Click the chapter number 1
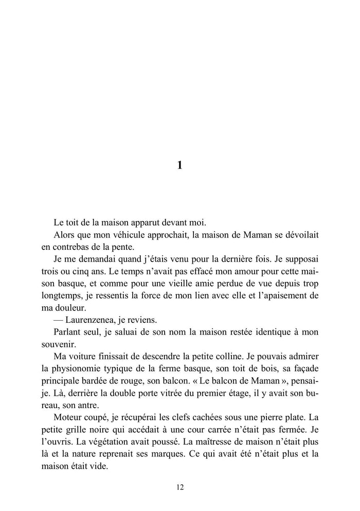[x=179, y=165]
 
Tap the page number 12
[x=179, y=487]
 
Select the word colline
[x=238, y=355]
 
